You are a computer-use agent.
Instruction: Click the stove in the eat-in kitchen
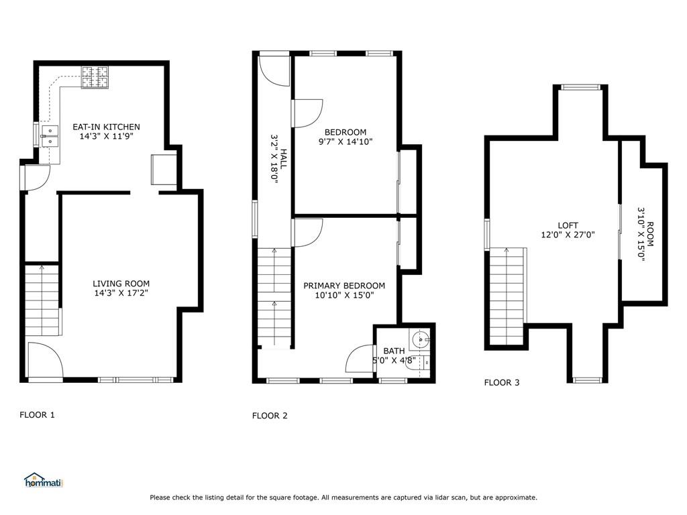(x=95, y=77)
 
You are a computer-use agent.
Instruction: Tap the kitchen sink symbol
(x=49, y=136)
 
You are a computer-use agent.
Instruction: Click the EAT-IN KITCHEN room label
(x=107, y=127)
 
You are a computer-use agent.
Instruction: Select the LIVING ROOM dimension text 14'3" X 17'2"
(x=121, y=294)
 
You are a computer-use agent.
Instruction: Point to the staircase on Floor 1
(x=42, y=299)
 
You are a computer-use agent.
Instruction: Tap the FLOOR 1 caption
(x=37, y=415)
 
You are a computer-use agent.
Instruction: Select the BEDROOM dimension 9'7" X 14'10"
(x=346, y=141)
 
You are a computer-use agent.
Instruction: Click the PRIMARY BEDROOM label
(x=344, y=286)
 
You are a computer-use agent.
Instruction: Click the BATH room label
(x=394, y=351)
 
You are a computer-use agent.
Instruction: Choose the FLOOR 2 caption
(x=270, y=416)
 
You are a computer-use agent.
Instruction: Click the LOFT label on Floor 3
(x=568, y=225)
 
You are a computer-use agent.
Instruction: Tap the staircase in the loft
(x=507, y=295)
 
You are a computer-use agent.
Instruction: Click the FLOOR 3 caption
(x=502, y=383)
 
